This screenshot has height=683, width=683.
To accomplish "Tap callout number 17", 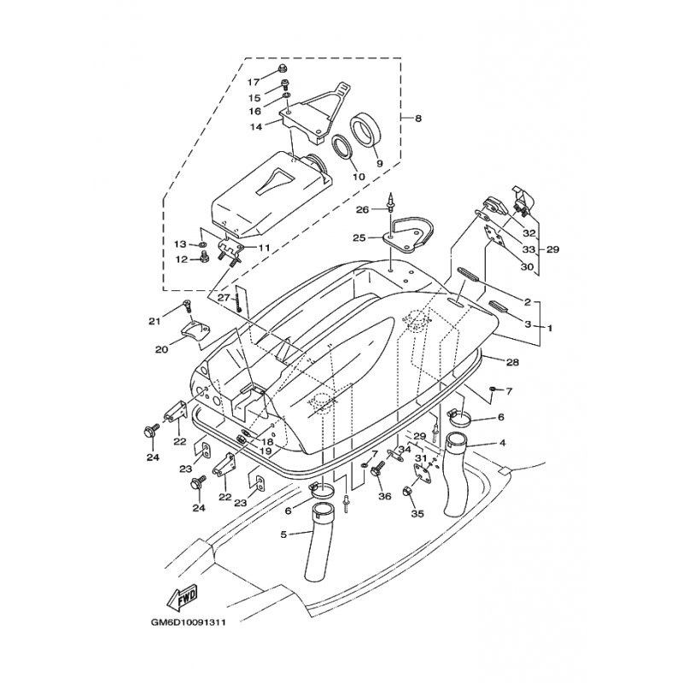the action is pos(254,81).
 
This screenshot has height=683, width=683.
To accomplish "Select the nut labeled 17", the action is pos(283,68).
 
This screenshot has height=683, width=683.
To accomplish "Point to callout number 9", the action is pos(379,163).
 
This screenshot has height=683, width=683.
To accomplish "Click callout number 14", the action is pos(257,126).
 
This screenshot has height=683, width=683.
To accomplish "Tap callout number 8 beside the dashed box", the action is pos(418,118).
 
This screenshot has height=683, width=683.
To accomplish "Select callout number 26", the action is pos(363,210).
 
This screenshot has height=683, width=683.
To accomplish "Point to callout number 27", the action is pos(224,298).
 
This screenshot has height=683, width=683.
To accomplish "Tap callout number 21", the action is pos(155,322).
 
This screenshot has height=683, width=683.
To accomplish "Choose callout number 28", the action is pos(513,361).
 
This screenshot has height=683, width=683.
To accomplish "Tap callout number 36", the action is pos(385,496).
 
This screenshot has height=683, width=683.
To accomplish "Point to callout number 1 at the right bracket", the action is pos(550,328).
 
